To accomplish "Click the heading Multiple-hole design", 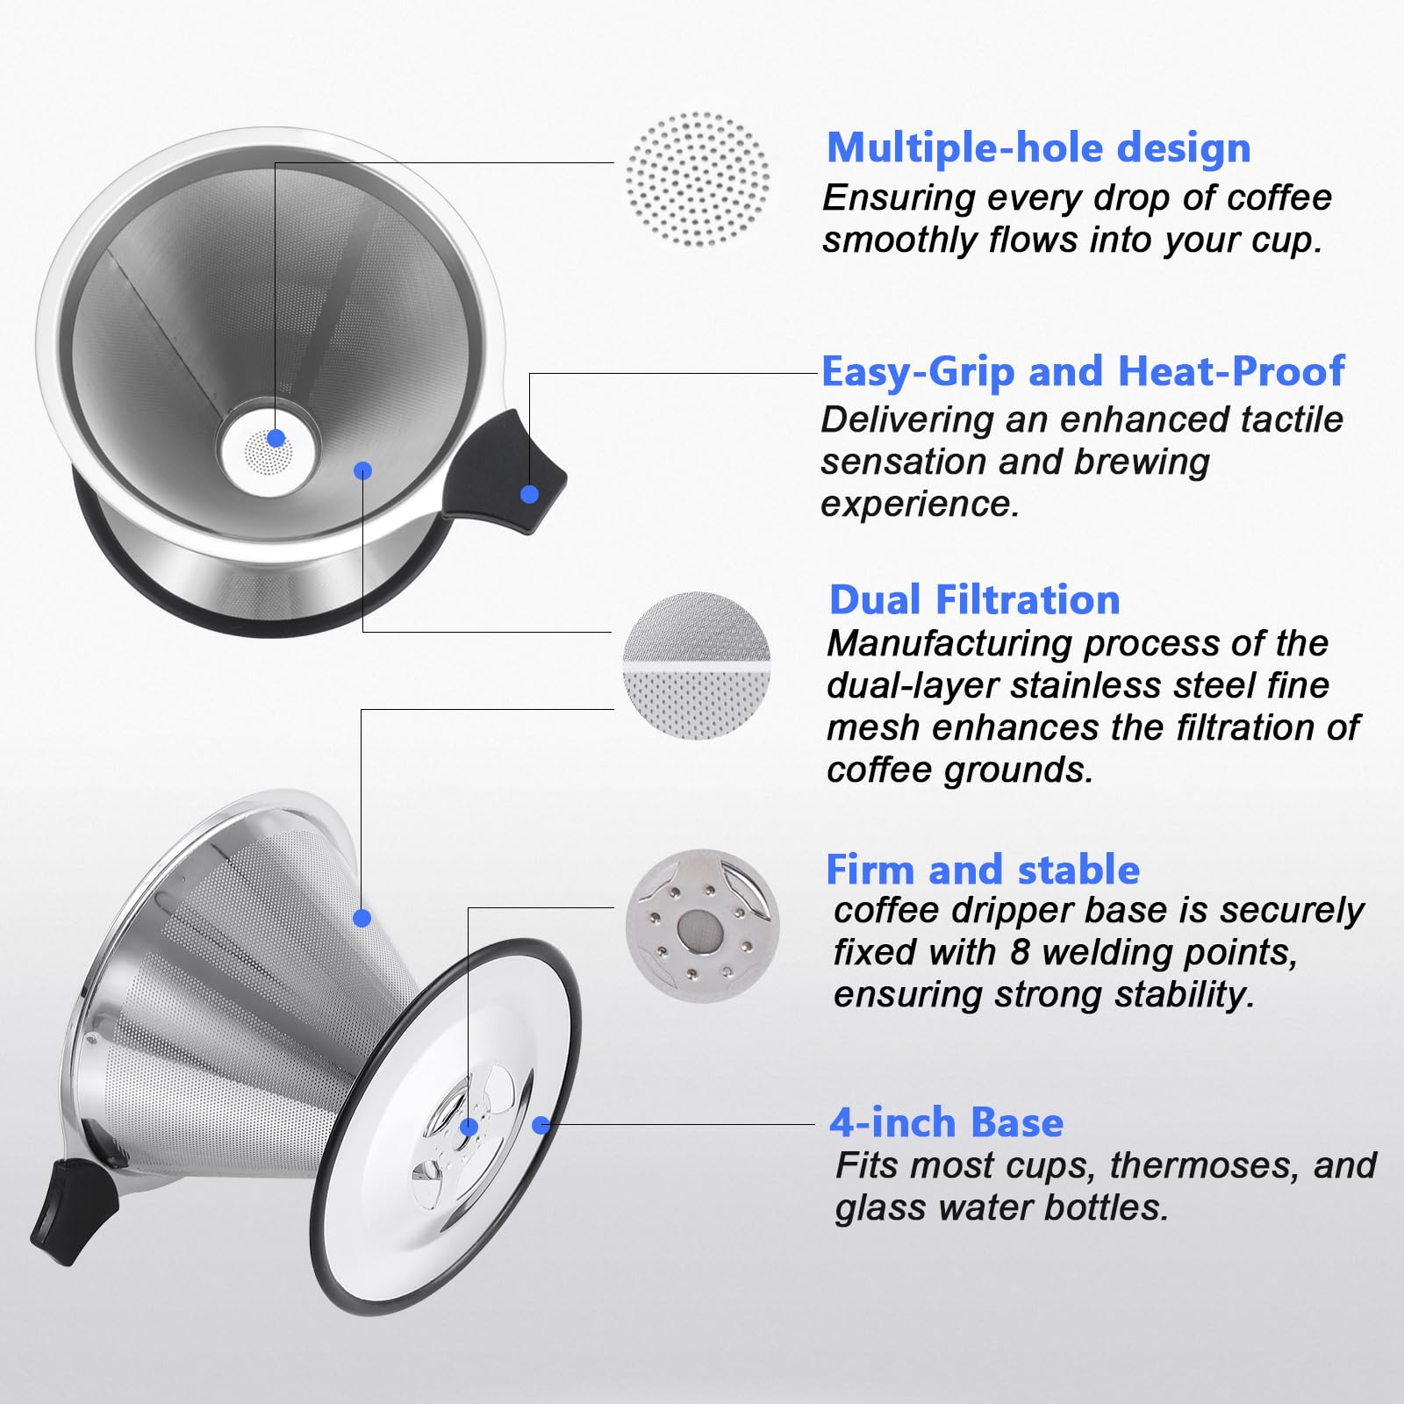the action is pyautogui.click(x=1038, y=147).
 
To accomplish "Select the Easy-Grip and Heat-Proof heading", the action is pyautogui.click(x=1083, y=371).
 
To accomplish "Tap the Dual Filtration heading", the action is pyautogui.click(x=974, y=600).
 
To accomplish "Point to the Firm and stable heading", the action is pyautogui.click(x=983, y=870).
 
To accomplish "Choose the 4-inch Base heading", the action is pyautogui.click(x=946, y=1122).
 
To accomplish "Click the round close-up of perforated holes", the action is pyautogui.click(x=698, y=179).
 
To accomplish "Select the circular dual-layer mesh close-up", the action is pyautogui.click(x=697, y=665).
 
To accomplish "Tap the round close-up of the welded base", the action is pyautogui.click(x=702, y=925).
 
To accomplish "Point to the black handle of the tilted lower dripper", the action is pyautogui.click(x=72, y=1211).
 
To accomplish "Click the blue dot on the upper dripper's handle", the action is pyautogui.click(x=529, y=494).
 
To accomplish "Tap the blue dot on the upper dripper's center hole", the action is pyautogui.click(x=276, y=438).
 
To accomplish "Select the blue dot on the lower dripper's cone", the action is pyautogui.click(x=362, y=919).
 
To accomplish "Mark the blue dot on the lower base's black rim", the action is pyautogui.click(x=541, y=1125).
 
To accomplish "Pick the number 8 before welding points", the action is pyautogui.click(x=1019, y=951).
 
